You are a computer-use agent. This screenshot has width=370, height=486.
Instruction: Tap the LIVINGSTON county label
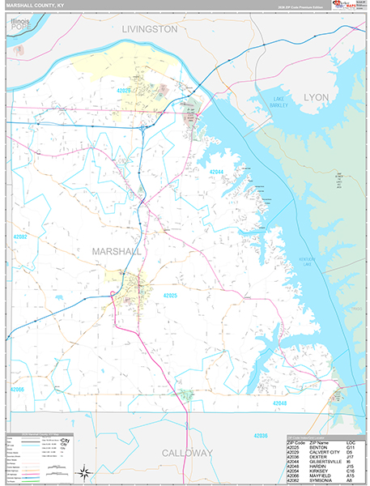[x=149, y=28]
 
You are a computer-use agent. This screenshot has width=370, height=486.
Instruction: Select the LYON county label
[x=317, y=96]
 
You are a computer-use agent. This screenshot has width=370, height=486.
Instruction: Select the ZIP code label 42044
[x=216, y=172]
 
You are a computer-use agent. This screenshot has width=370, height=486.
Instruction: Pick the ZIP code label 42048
[x=280, y=403]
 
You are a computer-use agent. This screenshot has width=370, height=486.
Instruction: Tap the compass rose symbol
[x=84, y=471]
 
